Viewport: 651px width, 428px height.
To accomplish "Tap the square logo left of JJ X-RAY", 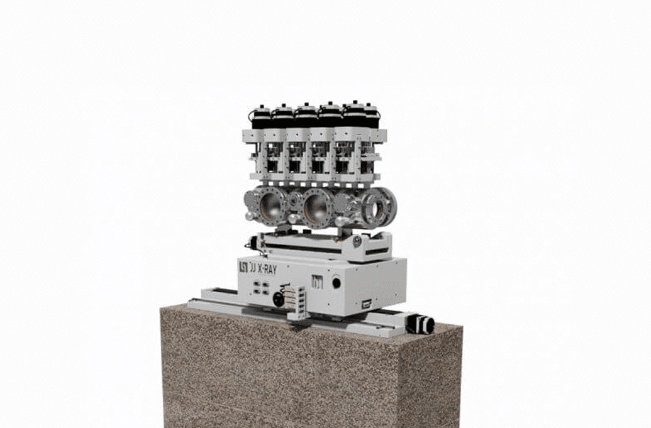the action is coord(243,266).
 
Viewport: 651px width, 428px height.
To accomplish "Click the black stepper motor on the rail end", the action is coord(421,324).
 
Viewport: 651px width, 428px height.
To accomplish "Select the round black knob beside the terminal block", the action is coord(278,299).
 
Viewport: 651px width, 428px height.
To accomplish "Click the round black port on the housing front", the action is coord(337,283).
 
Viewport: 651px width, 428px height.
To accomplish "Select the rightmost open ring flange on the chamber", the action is coord(379,206).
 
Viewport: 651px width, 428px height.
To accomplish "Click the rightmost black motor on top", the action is coord(370,115).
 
